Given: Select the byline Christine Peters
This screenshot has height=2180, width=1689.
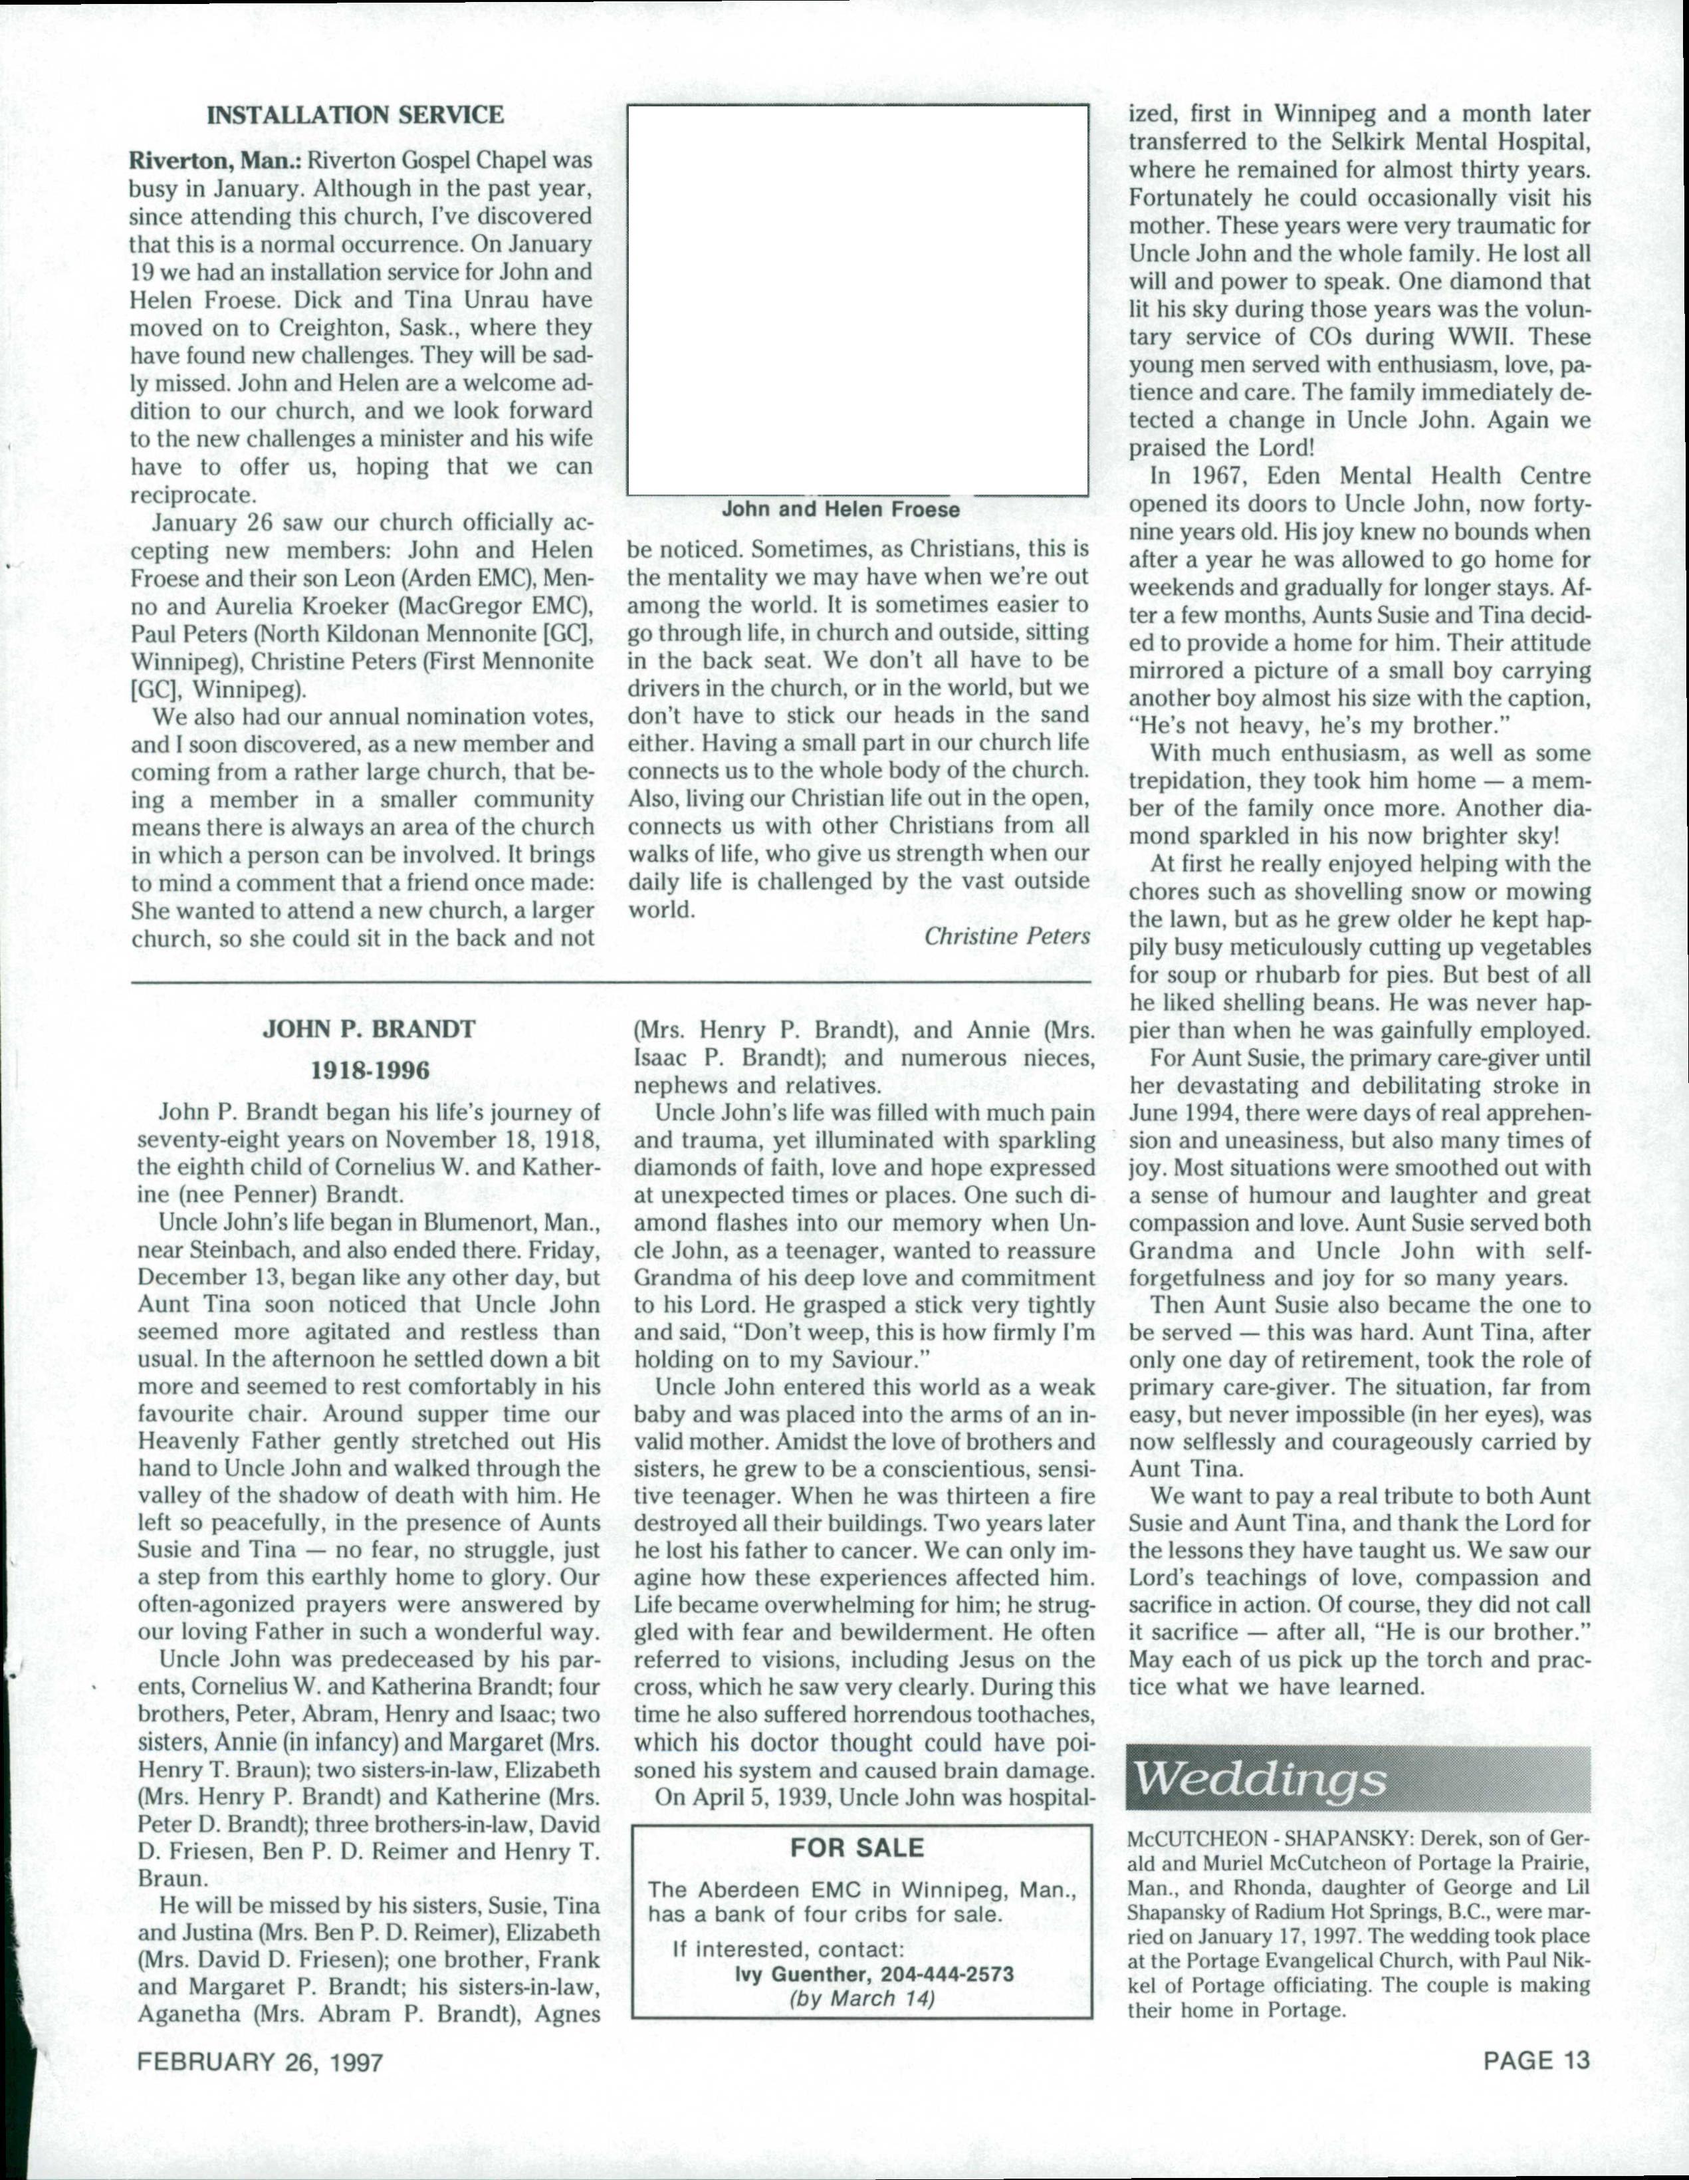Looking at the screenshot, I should click(x=1006, y=936).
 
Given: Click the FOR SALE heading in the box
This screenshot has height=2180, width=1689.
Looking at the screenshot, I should click(x=857, y=1848).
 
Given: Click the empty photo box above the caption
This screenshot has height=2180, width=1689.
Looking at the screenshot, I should click(x=857, y=299).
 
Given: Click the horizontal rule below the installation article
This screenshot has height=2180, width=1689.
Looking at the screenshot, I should click(x=610, y=983).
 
